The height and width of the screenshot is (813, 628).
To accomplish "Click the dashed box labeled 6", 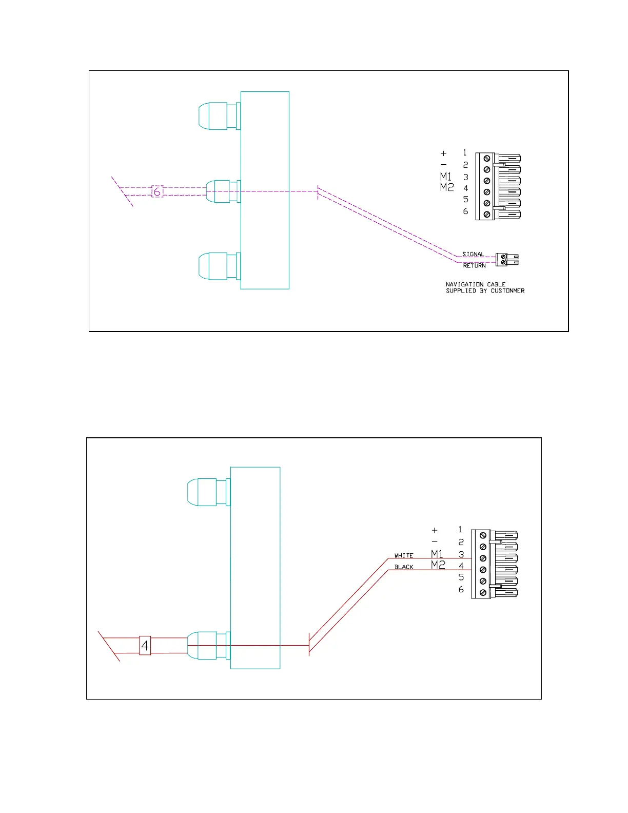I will tap(157, 191).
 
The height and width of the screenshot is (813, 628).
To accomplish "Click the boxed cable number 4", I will tap(145, 645).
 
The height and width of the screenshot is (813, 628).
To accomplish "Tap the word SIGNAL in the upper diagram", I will tap(473, 254).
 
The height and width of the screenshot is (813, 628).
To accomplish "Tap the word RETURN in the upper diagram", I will tap(474, 265).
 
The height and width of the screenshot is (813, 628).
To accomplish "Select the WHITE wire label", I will tap(404, 555).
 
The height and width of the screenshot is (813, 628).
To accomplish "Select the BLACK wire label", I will tap(404, 567).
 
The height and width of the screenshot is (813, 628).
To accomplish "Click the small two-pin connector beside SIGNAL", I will tap(507, 260).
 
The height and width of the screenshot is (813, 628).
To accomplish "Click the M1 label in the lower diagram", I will tap(437, 554).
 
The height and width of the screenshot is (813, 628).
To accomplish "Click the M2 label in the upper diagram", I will tap(447, 187).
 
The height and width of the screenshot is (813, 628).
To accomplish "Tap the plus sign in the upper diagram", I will tap(444, 153).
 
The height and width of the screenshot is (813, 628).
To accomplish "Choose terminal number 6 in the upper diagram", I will tap(465, 211).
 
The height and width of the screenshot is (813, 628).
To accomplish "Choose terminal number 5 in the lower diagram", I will tap(461, 577).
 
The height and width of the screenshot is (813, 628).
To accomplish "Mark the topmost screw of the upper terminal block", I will tap(486, 159).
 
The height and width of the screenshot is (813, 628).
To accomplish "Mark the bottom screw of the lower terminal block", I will tap(483, 593).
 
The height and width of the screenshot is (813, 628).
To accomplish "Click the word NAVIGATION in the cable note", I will tap(464, 284).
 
